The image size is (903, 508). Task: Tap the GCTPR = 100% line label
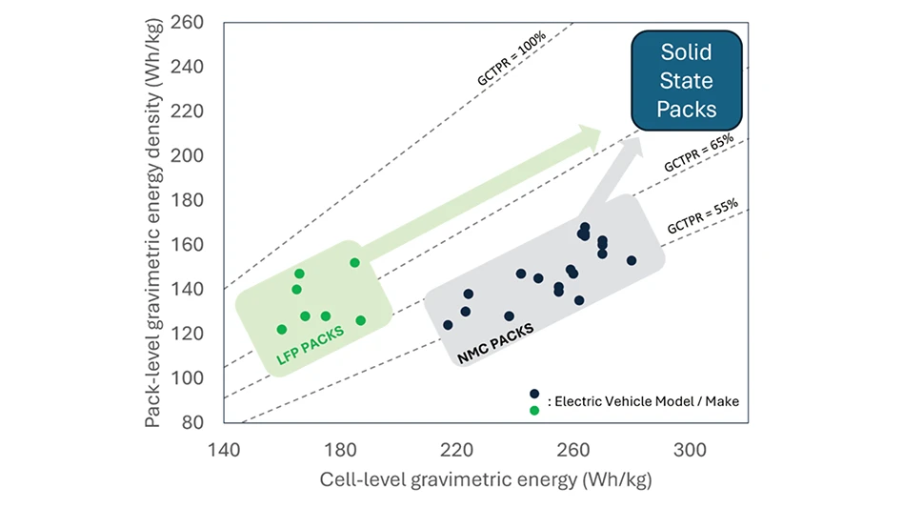pos(512,59)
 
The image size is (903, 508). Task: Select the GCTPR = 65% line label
pos(699,152)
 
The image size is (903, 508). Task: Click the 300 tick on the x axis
pos(690,449)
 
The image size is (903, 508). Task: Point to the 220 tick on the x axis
pos(457,449)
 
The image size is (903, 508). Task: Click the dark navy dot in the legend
pos(534,394)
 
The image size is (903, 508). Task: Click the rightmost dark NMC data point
pos(632,260)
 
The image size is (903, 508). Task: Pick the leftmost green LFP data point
pos(282,329)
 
